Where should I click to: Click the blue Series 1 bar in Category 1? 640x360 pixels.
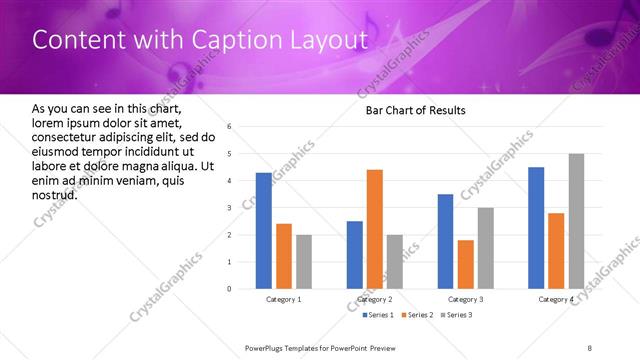[x=264, y=231]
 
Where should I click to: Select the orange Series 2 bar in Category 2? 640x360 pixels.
[x=375, y=229]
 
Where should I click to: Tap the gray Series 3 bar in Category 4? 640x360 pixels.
[x=576, y=221]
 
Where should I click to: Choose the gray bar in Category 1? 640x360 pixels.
[x=304, y=262]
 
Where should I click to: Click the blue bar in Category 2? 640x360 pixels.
[x=355, y=255]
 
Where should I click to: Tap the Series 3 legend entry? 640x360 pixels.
[x=455, y=315]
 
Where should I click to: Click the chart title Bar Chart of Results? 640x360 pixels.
[x=416, y=110]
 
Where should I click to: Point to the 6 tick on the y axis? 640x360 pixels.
[x=230, y=127]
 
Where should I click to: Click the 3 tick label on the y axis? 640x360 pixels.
[x=230, y=208]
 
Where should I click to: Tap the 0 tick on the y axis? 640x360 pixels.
[x=230, y=289]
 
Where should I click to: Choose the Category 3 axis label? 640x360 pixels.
[x=465, y=299]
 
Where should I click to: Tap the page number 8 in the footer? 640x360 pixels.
[x=590, y=346]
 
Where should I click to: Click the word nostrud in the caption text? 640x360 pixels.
[x=54, y=194]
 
